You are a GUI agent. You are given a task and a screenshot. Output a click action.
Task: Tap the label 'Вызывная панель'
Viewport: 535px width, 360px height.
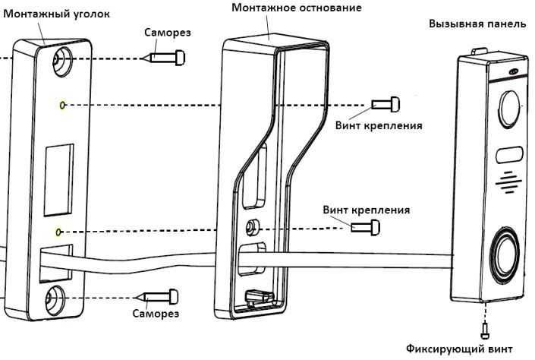point(477,24)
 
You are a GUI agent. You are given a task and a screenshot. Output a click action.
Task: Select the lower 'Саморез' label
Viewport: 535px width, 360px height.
point(156,314)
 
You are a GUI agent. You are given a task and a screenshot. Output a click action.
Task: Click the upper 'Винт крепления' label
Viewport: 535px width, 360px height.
point(379,125)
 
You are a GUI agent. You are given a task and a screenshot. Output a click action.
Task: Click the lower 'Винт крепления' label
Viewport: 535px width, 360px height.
point(366,210)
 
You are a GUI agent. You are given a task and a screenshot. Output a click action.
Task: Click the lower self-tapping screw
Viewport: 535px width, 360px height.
point(159,295)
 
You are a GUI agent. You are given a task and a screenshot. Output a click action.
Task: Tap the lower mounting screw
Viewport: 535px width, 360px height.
point(365,227)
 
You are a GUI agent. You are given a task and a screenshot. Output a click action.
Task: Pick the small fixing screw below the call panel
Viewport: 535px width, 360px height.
point(483,328)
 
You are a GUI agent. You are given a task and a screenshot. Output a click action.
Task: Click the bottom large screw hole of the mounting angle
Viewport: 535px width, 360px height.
point(58,297)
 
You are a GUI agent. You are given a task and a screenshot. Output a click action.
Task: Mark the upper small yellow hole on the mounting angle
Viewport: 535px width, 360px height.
point(61,104)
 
